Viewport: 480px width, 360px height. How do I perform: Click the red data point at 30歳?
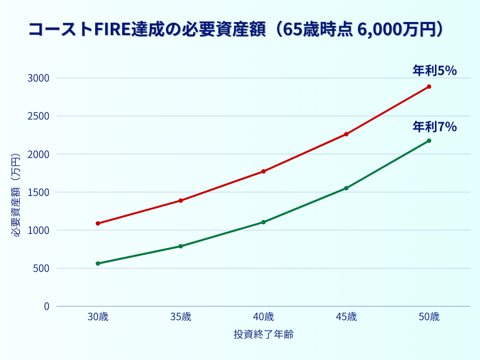tap(98, 224)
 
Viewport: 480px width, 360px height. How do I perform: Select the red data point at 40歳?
tap(263, 172)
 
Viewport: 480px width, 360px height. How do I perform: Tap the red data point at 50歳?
tap(429, 87)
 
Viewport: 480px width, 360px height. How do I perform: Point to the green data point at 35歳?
tap(180, 246)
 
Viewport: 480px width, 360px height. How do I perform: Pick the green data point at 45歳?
tap(346, 188)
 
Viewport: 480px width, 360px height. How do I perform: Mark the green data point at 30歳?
tap(98, 263)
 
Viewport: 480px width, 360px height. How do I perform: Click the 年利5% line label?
tap(435, 71)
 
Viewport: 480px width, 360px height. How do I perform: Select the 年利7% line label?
tap(435, 127)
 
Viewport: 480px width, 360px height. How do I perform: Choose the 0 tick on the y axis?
tap(46, 307)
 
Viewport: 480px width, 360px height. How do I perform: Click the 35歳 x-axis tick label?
tap(180, 317)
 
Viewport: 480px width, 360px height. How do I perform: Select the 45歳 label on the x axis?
tap(346, 317)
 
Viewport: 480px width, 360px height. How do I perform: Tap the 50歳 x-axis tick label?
tap(429, 317)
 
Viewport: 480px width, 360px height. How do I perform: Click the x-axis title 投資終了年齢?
tap(263, 335)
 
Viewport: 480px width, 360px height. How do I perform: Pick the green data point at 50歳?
tap(429, 141)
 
